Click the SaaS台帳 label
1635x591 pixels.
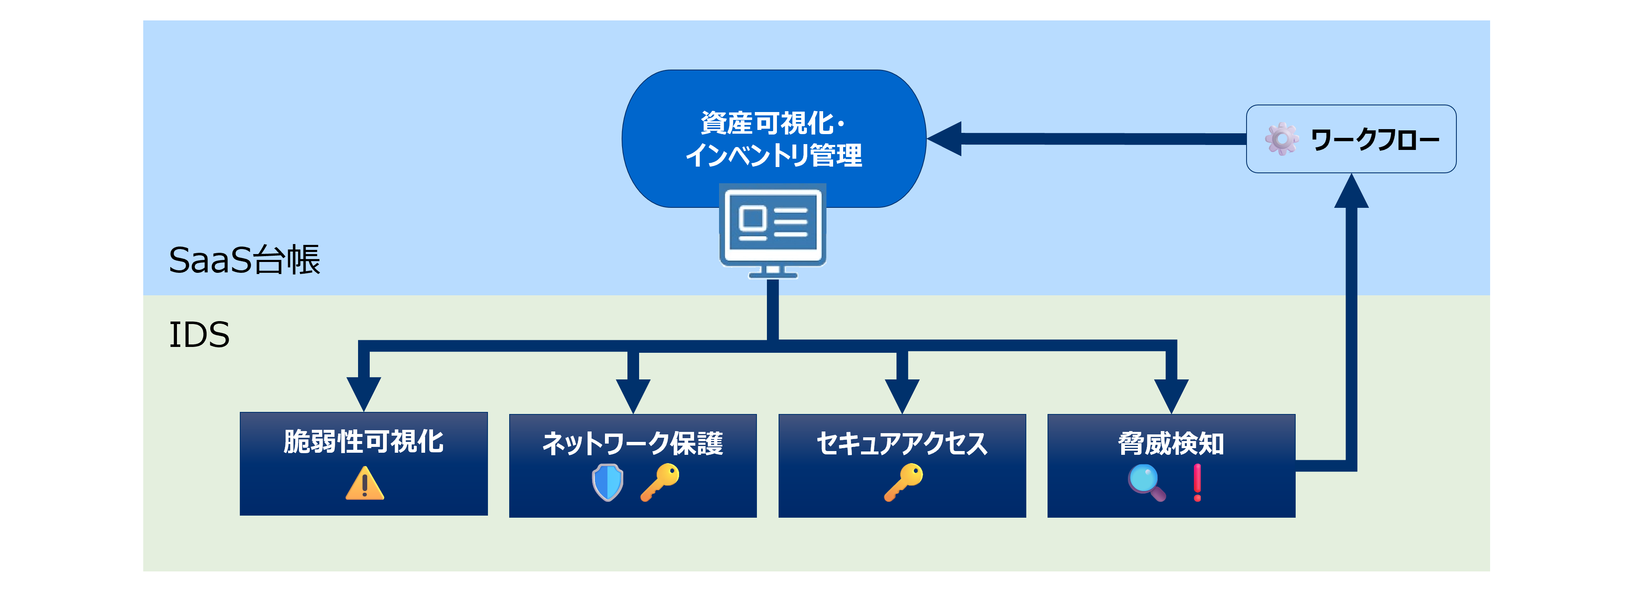pyautogui.click(x=244, y=260)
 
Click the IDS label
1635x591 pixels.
pyautogui.click(x=199, y=334)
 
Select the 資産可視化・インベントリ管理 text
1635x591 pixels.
pyautogui.click(x=773, y=139)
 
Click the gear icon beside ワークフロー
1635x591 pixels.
pyautogui.click(x=1282, y=139)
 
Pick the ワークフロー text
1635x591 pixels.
pyautogui.click(x=1374, y=140)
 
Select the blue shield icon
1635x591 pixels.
pyautogui.click(x=607, y=482)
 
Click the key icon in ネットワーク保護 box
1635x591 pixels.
pyautogui.click(x=659, y=482)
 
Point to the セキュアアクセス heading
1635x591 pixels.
pyautogui.click(x=901, y=443)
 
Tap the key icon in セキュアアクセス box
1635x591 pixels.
pyautogui.click(x=903, y=482)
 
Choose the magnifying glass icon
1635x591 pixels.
pyautogui.click(x=1146, y=482)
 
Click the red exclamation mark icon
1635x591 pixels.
pyautogui.click(x=1197, y=482)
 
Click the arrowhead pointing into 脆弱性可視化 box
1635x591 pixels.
pyautogui.click(x=364, y=394)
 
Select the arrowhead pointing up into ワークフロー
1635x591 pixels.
pyautogui.click(x=1351, y=192)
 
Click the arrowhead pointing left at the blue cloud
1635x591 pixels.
pyautogui.click(x=946, y=138)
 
